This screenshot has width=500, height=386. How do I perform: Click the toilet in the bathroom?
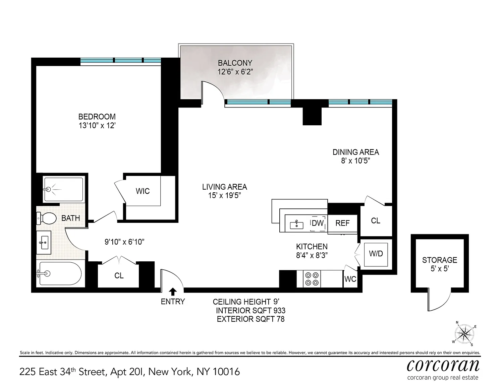point(46,218)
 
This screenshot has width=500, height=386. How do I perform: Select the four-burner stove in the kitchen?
point(312,279)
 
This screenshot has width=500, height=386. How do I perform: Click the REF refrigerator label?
point(342,223)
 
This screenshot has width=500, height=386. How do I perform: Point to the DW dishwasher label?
point(318,223)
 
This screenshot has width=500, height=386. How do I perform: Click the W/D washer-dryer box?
point(376,255)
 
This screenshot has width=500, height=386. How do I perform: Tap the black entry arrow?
point(173,292)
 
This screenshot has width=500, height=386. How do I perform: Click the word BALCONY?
point(235,63)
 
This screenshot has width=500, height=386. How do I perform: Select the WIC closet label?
point(143,191)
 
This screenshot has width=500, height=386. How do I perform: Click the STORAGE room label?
point(440,260)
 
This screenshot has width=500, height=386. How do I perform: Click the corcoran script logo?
point(443,365)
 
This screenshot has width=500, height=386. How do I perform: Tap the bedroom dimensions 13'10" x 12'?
point(97,126)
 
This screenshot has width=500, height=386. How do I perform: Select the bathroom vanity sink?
point(44,243)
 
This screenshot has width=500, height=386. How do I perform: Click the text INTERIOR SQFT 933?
point(251,311)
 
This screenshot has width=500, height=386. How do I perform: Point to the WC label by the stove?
point(350,279)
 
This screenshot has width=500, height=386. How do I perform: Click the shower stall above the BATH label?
point(63,189)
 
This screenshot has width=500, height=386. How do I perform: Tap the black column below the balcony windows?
point(312,116)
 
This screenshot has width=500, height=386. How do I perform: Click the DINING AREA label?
point(356,152)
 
